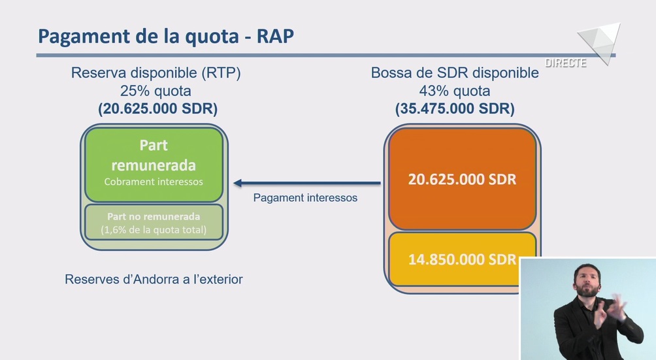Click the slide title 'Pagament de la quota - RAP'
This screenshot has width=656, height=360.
tap(166, 37)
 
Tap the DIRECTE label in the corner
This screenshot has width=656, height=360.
tap(565, 63)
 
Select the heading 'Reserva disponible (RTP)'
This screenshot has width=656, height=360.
tap(156, 73)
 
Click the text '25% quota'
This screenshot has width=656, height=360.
tap(156, 91)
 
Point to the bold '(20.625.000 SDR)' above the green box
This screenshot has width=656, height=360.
tap(157, 108)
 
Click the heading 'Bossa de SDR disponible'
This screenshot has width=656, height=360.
tap(455, 73)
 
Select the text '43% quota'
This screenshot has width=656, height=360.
tap(455, 91)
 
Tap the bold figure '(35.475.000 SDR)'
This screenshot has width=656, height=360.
tap(455, 108)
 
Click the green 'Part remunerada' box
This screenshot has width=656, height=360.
tap(154, 165)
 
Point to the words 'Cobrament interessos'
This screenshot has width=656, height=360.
tap(154, 182)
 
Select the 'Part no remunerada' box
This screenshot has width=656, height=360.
tap(154, 222)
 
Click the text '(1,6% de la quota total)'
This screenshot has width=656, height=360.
tap(154, 229)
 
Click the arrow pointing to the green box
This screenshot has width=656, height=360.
tap(307, 183)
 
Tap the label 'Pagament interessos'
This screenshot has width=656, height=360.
tap(305, 198)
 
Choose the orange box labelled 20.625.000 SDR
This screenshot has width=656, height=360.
tap(463, 179)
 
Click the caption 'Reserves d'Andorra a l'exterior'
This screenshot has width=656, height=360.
tap(154, 279)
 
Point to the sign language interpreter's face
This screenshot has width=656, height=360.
tap(587, 281)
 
